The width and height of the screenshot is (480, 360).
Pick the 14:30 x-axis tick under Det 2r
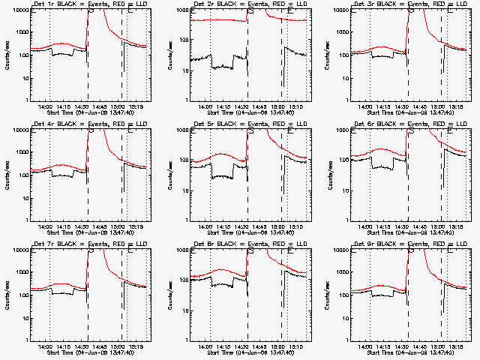(x=246, y=107)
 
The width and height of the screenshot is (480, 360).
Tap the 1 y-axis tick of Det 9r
(x=347, y=340)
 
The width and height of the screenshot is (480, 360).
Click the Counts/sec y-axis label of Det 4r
(x=7, y=175)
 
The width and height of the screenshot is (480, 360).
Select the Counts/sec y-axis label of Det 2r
(x=167, y=55)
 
